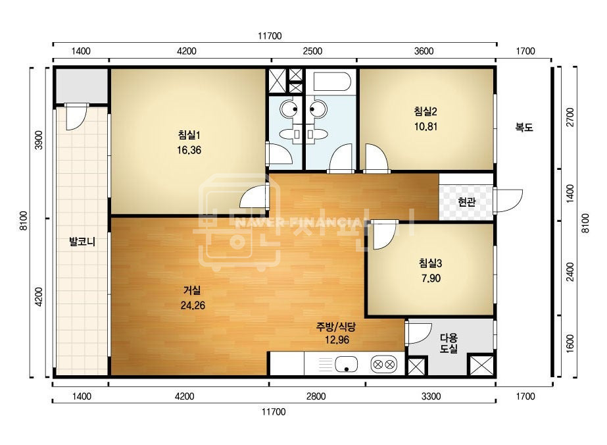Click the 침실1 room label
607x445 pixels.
[189, 135]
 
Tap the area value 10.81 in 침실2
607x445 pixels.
[426, 126]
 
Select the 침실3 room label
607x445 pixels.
[430, 263]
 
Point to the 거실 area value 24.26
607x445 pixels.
[193, 305]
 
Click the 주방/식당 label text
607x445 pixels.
[336, 327]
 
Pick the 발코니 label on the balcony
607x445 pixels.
[82, 242]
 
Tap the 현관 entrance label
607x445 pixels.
[466, 201]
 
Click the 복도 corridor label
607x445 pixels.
[524, 127]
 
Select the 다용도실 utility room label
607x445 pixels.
[449, 343]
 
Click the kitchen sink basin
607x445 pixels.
[346, 365]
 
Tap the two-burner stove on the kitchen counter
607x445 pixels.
[383, 365]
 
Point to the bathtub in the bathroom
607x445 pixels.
[332, 82]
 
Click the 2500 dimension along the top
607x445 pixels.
[312, 51]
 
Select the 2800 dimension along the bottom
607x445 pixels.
[316, 396]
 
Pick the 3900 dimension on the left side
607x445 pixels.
[39, 140]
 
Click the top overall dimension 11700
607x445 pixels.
[270, 36]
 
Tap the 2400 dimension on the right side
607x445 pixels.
[570, 272]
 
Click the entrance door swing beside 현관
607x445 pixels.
[508, 200]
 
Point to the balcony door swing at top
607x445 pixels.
[76, 117]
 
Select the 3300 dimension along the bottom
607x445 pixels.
[431, 396]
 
